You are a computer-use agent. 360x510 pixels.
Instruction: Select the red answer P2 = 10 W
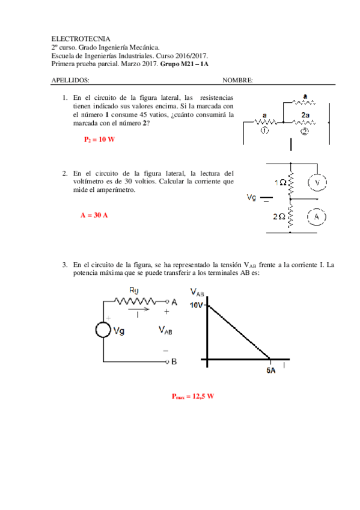pyautogui.click(x=99, y=139)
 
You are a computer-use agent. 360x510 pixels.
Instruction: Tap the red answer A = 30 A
pyautogui.click(x=94, y=215)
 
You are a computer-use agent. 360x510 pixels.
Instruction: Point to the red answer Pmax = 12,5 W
pyautogui.click(x=192, y=396)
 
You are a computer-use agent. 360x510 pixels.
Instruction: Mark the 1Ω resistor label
pyautogui.click(x=279, y=182)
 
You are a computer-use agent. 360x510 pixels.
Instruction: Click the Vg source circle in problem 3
pyautogui.click(x=103, y=330)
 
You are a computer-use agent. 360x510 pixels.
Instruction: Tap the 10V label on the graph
pyautogui.click(x=197, y=305)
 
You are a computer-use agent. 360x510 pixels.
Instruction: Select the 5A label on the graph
pyautogui.click(x=271, y=371)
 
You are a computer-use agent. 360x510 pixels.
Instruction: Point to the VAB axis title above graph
pyautogui.click(x=198, y=292)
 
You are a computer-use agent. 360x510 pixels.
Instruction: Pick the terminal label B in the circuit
pyautogui.click(x=174, y=362)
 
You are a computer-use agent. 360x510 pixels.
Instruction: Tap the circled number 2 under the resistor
pyautogui.click(x=305, y=132)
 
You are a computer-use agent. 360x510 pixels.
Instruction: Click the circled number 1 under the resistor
pyautogui.click(x=264, y=132)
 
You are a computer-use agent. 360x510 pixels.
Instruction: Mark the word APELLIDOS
pyautogui.click(x=71, y=80)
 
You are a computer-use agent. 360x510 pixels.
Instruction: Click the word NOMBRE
pyautogui.click(x=237, y=80)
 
